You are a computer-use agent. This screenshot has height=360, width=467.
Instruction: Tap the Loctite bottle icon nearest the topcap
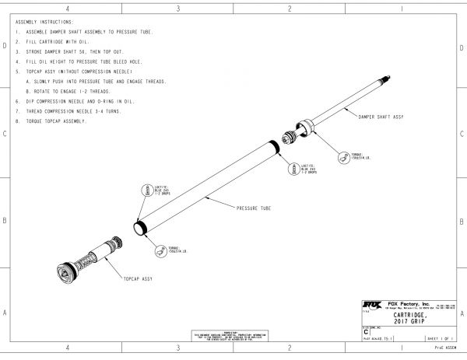[x=145, y=191]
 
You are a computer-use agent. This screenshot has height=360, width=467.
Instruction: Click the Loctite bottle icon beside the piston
[x=296, y=170]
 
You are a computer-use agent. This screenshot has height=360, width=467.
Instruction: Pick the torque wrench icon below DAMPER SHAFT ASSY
[x=342, y=156]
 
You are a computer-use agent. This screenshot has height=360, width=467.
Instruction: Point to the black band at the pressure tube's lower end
[x=140, y=228]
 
